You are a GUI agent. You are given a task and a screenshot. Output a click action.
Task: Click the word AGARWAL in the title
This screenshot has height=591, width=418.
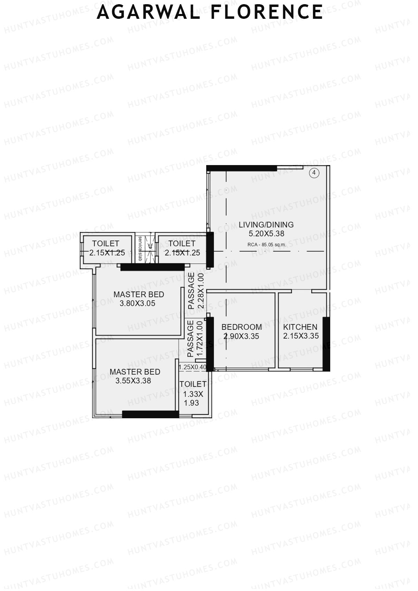pyautogui.click(x=148, y=12)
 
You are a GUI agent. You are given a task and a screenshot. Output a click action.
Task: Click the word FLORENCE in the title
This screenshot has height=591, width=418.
pyautogui.click(x=267, y=12)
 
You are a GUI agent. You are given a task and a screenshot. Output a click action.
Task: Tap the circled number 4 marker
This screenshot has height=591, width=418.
pyautogui.click(x=314, y=173)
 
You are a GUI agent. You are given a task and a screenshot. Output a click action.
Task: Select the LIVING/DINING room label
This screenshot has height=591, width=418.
pyautogui.click(x=266, y=225)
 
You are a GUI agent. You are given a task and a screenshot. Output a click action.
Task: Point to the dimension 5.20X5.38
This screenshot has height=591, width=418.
pyautogui.click(x=266, y=234)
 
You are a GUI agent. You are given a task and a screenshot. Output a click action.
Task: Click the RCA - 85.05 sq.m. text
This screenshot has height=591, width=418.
pyautogui.click(x=266, y=244)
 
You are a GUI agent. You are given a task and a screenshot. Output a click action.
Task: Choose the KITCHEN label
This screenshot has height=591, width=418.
pyautogui.click(x=300, y=327)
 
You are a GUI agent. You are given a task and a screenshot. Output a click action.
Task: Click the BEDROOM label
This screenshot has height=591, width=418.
pyautogui.click(x=242, y=327)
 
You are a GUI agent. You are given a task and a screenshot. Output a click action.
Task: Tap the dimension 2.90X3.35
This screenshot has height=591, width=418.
pyautogui.click(x=241, y=336)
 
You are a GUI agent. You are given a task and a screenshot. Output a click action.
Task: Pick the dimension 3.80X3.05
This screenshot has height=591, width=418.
pyautogui.click(x=137, y=303)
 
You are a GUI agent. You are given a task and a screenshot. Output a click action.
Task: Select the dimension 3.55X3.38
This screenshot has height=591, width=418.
pyautogui.click(x=133, y=381)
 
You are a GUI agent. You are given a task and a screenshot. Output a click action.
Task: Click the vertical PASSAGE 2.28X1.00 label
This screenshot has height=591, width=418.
pyautogui.click(x=195, y=291)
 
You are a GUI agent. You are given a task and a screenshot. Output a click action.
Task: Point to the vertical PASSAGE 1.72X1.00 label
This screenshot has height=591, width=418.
pyautogui.click(x=195, y=339)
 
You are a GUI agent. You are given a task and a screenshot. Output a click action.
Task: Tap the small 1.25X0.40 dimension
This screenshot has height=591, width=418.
pyautogui.click(x=192, y=367)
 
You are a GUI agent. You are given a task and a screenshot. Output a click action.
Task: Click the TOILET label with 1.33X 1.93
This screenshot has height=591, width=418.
pyautogui.click(x=193, y=384)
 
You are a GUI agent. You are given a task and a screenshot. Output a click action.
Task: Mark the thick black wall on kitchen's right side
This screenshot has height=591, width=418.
pyautogui.click(x=326, y=343)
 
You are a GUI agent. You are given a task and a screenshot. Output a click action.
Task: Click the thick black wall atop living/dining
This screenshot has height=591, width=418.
pyautogui.click(x=242, y=168)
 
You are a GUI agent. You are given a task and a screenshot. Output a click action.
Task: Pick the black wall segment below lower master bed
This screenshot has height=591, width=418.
pyautogui.click(x=150, y=414)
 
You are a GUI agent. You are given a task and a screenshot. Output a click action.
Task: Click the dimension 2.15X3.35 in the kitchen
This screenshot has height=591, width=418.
pyautogui.click(x=301, y=336)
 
